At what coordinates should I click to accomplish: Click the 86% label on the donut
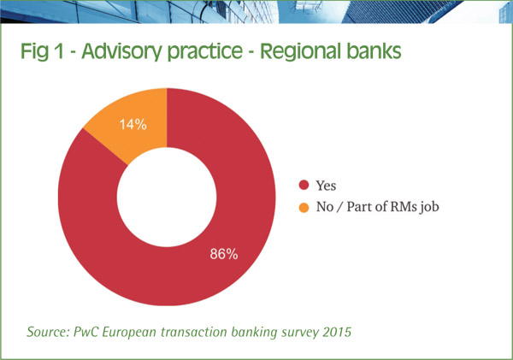point(223,254)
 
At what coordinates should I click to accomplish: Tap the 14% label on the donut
point(133,124)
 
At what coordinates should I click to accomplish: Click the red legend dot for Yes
point(305,185)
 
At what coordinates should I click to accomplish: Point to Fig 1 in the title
point(42,52)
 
